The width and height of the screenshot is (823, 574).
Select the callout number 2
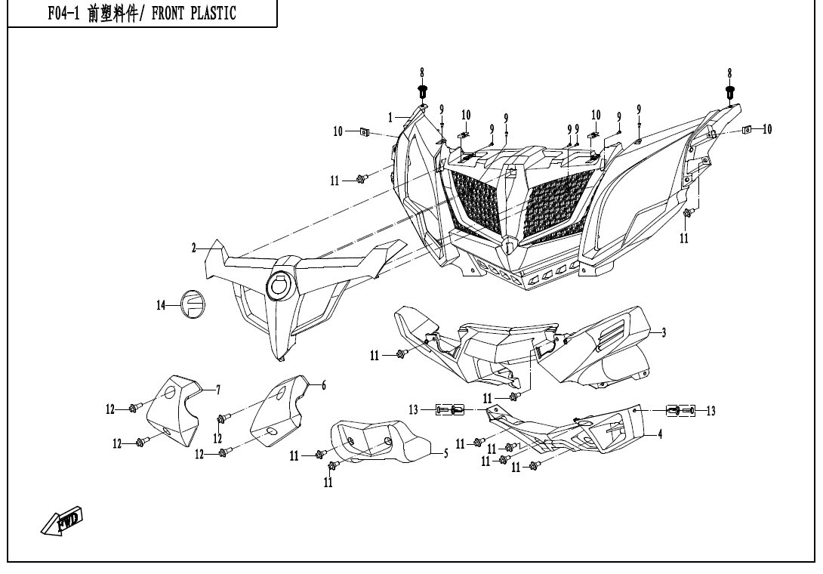click(193, 248)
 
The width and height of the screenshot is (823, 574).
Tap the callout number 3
click(663, 332)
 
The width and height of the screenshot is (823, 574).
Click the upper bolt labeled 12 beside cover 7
click(133, 409)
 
